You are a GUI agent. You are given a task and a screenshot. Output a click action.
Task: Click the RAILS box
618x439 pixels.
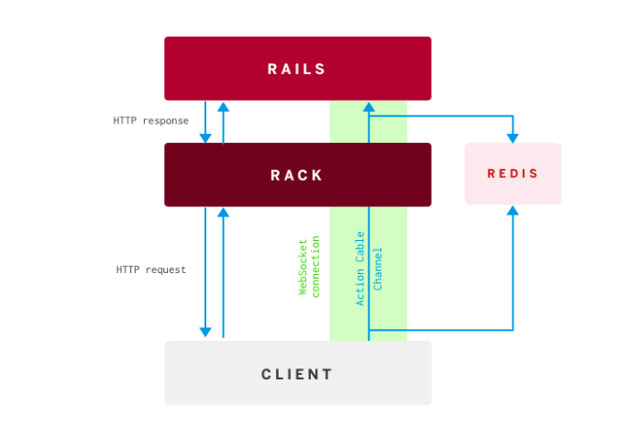point(297,69)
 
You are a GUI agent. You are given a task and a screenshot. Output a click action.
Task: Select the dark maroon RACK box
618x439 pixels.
point(297,174)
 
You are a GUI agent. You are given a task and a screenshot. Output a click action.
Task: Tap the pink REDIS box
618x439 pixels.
point(513,173)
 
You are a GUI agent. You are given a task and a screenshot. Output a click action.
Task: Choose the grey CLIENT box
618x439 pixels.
point(297,373)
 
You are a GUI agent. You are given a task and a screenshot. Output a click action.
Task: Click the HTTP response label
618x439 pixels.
point(151,121)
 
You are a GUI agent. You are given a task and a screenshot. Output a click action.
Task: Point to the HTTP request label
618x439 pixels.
point(151,269)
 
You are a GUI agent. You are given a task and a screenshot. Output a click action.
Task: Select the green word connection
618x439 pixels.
point(316,266)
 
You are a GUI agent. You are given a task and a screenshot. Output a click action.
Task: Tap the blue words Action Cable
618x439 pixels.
point(361,268)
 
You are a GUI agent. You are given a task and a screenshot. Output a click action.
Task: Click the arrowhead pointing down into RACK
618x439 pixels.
point(205,138)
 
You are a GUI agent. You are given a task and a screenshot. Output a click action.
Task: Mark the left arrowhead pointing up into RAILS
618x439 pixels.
point(223,106)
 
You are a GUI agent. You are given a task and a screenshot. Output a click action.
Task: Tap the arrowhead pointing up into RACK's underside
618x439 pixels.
point(223,213)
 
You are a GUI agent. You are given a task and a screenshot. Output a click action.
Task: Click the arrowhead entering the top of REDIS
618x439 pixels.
point(513,138)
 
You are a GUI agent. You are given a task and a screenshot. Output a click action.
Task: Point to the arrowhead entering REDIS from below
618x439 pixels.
point(513,211)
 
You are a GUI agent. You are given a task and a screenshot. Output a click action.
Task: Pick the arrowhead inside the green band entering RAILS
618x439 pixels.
point(369,107)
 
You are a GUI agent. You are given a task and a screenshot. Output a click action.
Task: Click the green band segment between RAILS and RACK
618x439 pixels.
point(348,122)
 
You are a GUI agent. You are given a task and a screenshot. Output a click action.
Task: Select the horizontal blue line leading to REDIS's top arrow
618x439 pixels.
point(440,116)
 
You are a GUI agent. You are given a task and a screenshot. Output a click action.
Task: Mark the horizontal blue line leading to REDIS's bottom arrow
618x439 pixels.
point(440,330)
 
